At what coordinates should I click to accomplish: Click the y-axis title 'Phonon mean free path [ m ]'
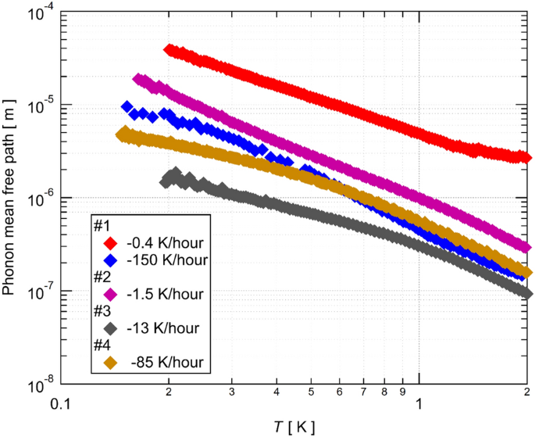(10, 195)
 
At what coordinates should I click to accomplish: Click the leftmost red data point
(169, 50)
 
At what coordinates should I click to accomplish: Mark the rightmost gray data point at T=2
(526, 293)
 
